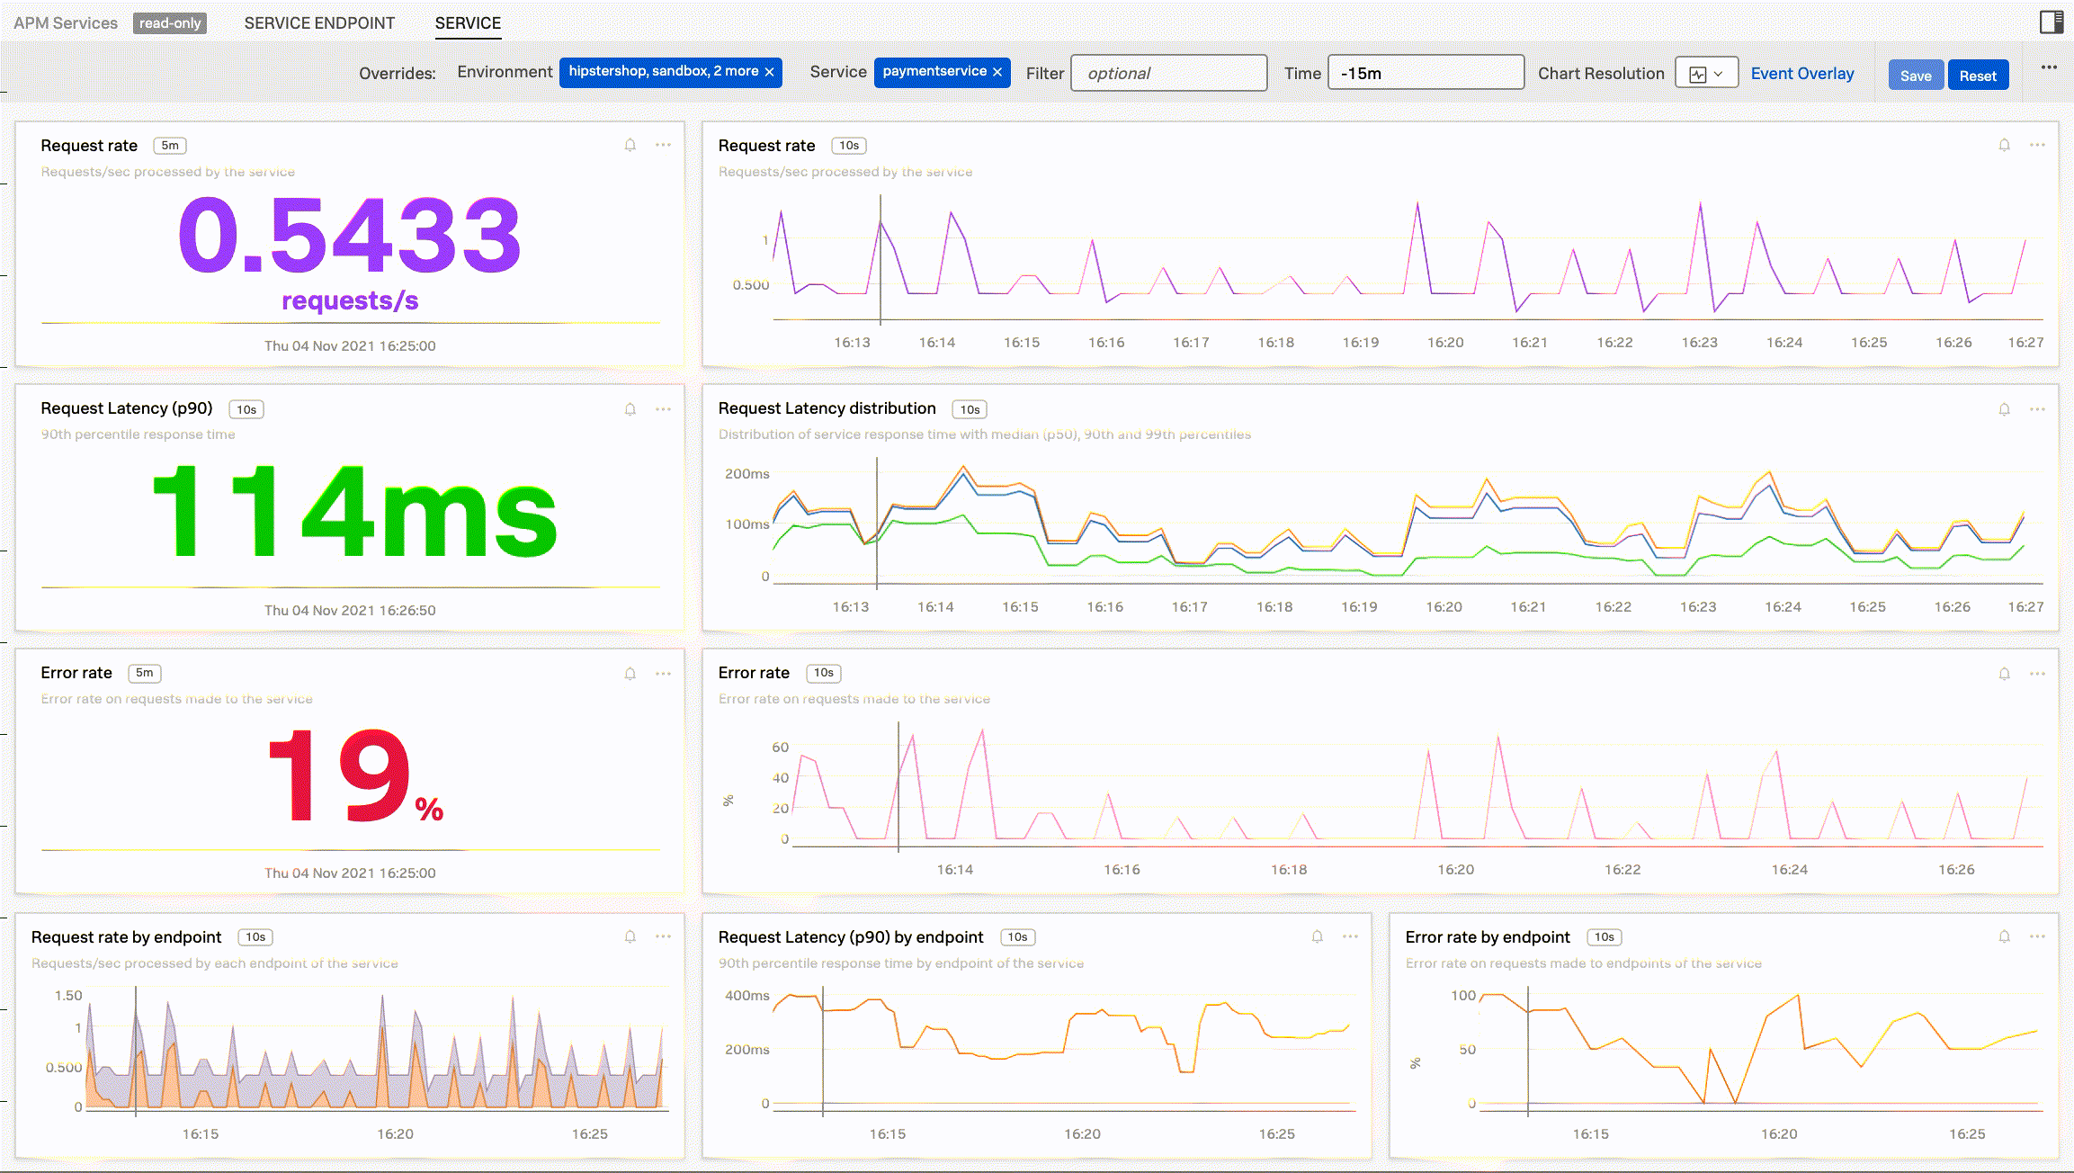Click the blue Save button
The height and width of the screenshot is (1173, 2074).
[x=1915, y=76]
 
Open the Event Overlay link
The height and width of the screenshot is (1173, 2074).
[x=1801, y=74]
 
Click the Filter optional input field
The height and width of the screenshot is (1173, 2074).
[x=1168, y=74]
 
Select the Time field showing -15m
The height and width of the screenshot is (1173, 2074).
[x=1425, y=74]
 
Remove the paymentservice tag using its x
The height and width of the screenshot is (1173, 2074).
[x=997, y=72]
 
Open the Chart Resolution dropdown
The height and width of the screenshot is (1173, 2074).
[x=1705, y=74]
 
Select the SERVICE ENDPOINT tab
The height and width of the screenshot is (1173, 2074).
[x=319, y=23]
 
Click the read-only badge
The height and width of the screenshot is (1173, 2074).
[x=170, y=23]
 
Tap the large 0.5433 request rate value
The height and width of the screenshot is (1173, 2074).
[x=350, y=236]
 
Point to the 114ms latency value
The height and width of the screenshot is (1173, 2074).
[x=354, y=512]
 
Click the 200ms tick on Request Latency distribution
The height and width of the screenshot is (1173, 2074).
[x=747, y=474]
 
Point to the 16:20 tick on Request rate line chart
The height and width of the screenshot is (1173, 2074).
[x=1445, y=343]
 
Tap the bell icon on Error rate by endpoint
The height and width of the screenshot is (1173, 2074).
[x=2004, y=936]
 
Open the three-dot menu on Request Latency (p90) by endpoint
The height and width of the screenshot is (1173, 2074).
[x=1350, y=936]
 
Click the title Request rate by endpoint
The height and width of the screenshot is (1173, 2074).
[x=126, y=937]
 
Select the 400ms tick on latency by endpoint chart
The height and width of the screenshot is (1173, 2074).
[x=747, y=996]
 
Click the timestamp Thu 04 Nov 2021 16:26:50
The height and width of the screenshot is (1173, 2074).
[x=350, y=610]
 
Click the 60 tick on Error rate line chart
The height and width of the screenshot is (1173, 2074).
[x=781, y=748]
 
